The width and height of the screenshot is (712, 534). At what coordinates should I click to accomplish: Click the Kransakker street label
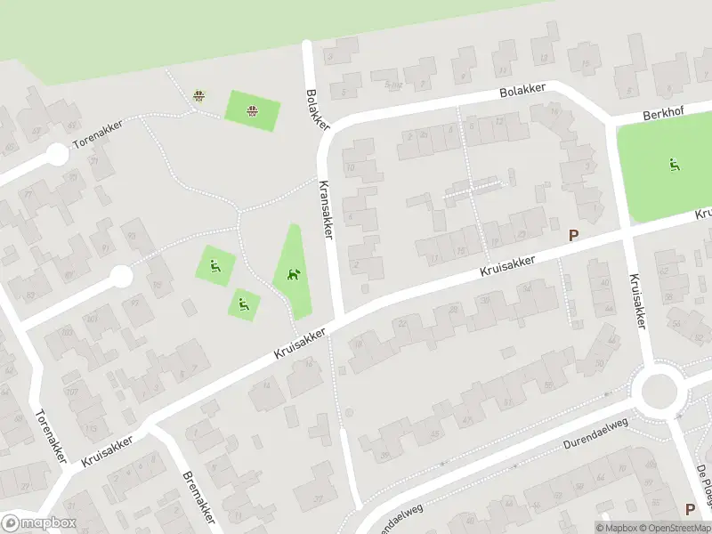327,207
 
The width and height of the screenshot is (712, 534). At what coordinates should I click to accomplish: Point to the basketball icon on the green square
253,111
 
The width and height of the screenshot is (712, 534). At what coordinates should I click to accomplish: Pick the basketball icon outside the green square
199,94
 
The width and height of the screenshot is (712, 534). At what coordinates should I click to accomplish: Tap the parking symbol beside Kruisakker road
574,237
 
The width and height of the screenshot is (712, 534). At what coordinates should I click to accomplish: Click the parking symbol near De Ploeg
690,509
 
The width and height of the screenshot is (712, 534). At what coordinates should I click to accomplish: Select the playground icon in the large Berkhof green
674,164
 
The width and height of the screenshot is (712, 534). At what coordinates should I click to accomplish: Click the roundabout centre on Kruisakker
659,389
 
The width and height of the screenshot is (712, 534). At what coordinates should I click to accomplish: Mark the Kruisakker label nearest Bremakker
107,451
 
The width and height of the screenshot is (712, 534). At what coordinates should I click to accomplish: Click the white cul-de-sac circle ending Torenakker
57,155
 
